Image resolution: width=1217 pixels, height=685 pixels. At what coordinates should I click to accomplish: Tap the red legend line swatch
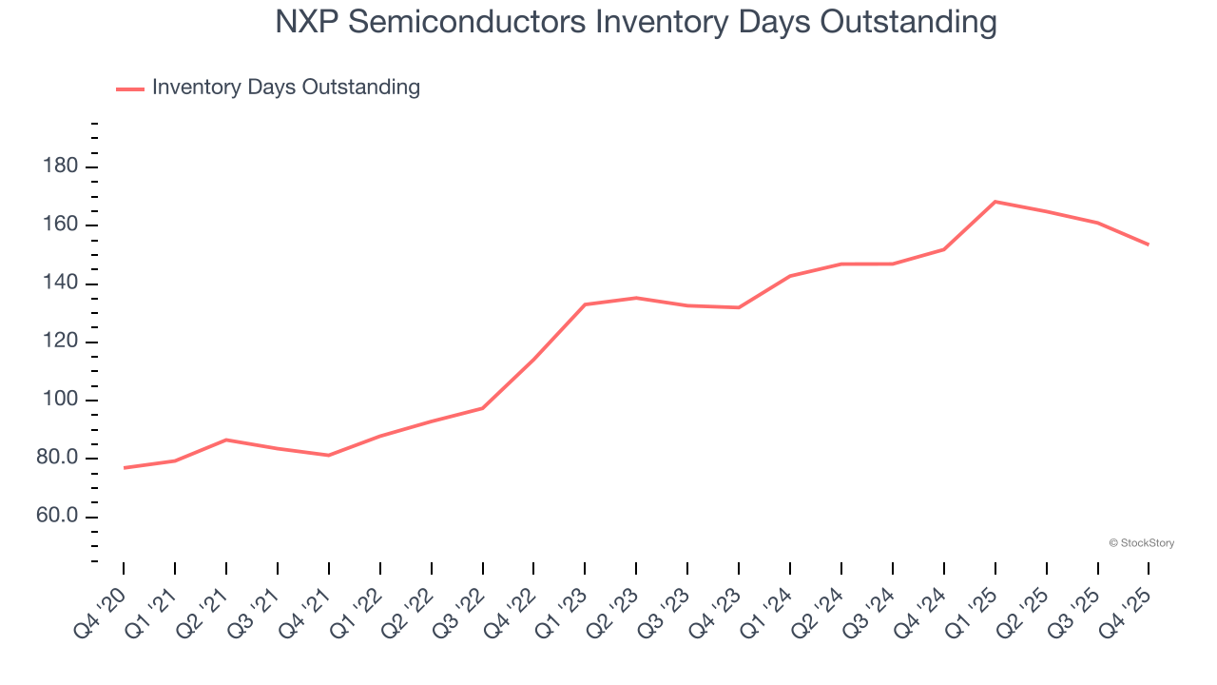click(129, 88)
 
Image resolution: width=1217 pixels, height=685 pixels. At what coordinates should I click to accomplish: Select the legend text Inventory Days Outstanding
click(285, 88)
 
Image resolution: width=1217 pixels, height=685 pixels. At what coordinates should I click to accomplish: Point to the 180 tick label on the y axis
click(59, 167)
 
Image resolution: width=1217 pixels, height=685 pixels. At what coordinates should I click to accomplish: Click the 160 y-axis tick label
click(59, 225)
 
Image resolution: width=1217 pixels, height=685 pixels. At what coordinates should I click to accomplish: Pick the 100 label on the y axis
click(59, 401)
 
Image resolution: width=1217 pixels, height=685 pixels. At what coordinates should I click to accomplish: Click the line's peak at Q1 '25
click(995, 202)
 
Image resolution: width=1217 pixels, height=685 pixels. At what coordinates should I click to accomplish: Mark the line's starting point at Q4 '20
click(124, 468)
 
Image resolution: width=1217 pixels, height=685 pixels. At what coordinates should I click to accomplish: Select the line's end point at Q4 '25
click(1149, 245)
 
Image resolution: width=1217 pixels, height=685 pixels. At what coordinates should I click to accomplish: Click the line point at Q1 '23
click(585, 304)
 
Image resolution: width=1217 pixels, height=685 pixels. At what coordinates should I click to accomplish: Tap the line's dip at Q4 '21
click(328, 456)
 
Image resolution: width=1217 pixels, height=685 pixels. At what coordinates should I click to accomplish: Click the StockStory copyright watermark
click(1141, 543)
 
